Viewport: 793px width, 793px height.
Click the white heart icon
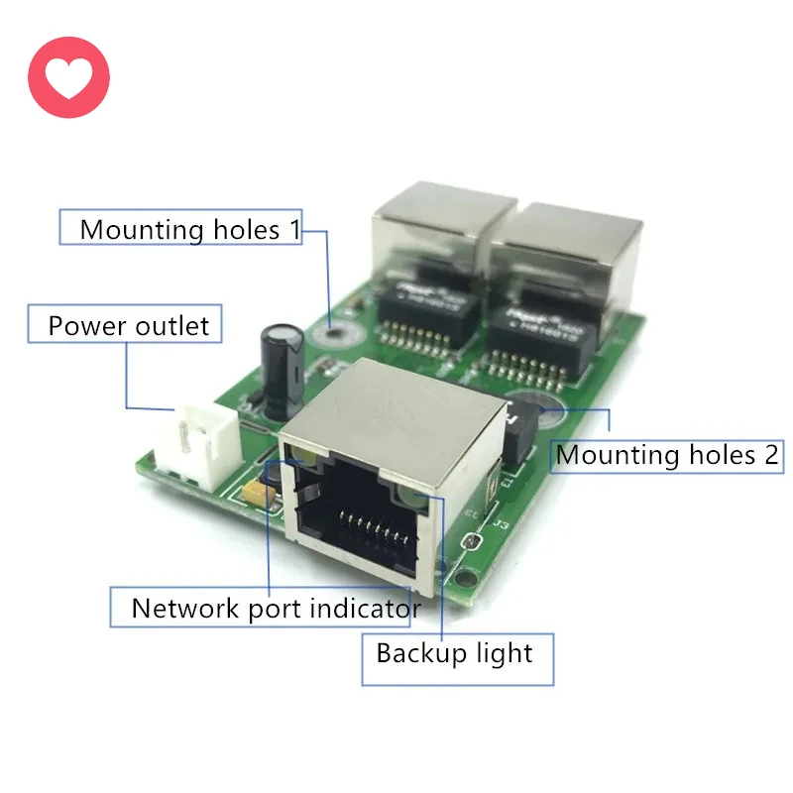point(68,77)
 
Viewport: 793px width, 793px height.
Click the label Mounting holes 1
point(189,230)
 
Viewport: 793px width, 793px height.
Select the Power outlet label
point(129,326)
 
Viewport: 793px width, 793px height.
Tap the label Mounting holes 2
point(667,455)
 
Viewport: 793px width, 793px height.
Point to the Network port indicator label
point(276,608)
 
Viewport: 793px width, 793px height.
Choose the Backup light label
point(454,653)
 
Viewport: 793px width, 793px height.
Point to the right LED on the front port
point(413,499)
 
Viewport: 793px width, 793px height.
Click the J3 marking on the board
point(502,524)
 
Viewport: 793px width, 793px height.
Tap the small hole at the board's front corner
point(477,575)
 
